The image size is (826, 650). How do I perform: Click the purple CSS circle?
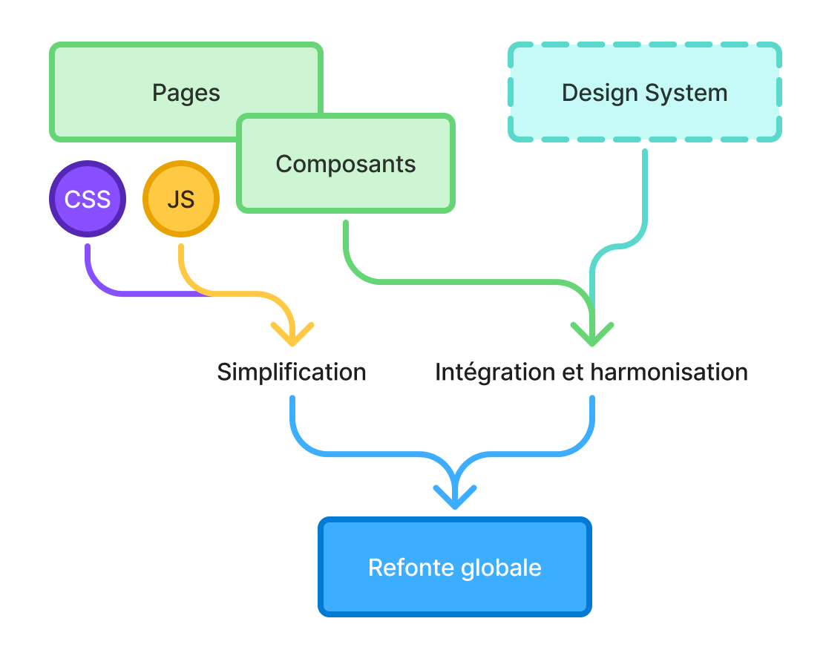click(x=88, y=199)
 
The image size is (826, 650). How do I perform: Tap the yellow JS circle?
click(x=181, y=199)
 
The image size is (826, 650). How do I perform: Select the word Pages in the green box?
click(x=186, y=93)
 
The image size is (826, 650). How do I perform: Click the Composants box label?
click(x=346, y=163)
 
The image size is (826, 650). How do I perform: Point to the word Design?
click(x=600, y=93)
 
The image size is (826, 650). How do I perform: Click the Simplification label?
click(x=292, y=372)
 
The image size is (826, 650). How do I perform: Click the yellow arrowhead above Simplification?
click(x=292, y=334)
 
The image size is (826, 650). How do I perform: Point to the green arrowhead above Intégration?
click(x=592, y=334)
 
